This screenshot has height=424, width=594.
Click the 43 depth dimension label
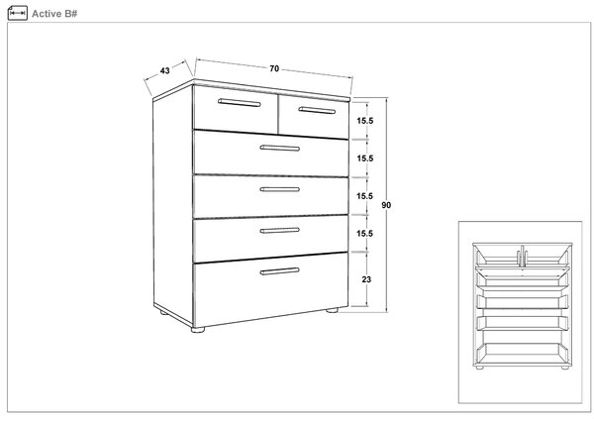point(164,71)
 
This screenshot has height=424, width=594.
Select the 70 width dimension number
point(274,68)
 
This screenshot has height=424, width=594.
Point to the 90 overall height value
point(386,205)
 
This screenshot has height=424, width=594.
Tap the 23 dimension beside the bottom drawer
point(366,279)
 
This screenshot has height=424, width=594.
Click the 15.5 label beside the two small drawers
point(364,121)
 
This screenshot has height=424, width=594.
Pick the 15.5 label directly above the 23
point(364,234)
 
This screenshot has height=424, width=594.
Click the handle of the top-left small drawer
point(240,103)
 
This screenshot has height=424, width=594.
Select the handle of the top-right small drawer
point(317,110)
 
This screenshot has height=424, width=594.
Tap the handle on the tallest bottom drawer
point(279,270)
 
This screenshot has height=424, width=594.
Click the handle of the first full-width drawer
point(279,148)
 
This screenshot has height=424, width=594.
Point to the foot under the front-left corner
point(198,330)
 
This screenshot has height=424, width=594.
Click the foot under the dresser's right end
point(332,310)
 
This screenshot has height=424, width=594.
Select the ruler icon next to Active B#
point(18,13)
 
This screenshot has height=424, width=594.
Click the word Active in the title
point(47,14)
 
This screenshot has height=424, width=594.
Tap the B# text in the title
point(71,14)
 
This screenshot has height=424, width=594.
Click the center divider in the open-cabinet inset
point(522,256)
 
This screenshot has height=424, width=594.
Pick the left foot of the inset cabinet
point(479,368)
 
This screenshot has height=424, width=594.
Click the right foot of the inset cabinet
point(565,368)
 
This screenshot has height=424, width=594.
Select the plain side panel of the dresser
point(172,205)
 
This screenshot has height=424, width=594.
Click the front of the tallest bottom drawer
point(270,289)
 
